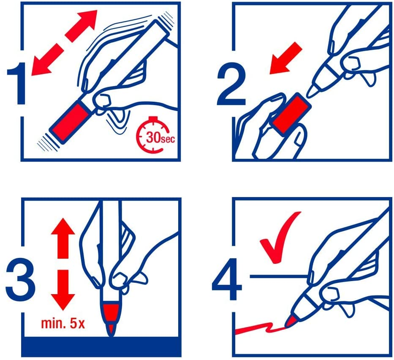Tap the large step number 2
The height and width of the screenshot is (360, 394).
coord(231,84)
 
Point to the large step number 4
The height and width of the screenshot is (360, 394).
coord(227,279)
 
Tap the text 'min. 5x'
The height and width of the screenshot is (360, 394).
coord(63,323)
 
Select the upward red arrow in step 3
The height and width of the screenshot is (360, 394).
coord(63,238)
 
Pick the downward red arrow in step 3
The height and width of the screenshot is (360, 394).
coord(63,290)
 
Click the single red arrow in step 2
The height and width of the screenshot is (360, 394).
coord(286,58)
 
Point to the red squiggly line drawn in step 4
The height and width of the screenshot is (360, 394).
coord(259,328)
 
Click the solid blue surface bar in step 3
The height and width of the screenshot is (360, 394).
coord(101,346)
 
